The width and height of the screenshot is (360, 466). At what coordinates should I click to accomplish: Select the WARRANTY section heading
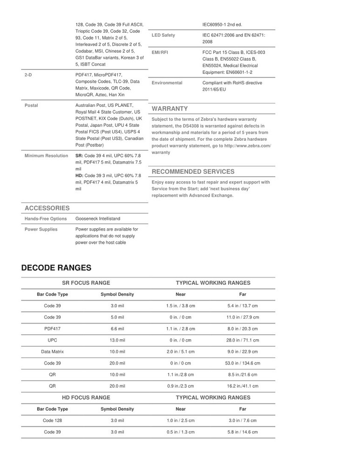pos(170,109)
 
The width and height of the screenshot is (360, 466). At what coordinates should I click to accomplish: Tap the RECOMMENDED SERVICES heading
pos(193,172)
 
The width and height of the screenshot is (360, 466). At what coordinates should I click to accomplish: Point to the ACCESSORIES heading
pos(47,208)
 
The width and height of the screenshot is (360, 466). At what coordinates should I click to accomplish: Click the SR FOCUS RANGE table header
pos(86,283)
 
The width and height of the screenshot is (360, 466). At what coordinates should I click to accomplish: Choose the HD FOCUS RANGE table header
pos(86,397)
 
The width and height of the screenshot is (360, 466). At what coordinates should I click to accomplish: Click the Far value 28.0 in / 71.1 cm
pos(243,340)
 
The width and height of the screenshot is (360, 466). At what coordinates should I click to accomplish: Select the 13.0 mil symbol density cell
pos(117,340)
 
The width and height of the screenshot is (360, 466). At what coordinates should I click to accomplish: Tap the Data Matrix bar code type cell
pos(52,352)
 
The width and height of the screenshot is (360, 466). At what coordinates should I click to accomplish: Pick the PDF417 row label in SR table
pos(52,329)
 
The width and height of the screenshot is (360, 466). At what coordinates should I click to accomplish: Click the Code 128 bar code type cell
pos(52,420)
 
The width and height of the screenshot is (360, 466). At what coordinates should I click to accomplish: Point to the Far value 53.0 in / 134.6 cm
pos(243,363)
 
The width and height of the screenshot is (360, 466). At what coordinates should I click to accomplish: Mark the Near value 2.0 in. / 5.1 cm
pos(180,352)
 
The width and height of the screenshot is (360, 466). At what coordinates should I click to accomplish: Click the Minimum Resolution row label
pos(46,156)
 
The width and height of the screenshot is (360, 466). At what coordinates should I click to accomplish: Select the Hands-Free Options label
pos(46,219)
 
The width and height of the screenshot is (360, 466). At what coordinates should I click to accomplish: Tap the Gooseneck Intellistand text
pos(99,219)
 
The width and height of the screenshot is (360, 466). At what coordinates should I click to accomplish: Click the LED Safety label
pos(163,35)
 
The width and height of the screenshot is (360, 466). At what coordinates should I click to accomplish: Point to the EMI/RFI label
pos(160,53)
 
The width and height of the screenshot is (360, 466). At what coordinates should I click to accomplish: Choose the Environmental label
pos(167,82)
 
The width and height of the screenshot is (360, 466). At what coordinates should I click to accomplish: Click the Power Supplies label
pos(41,229)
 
